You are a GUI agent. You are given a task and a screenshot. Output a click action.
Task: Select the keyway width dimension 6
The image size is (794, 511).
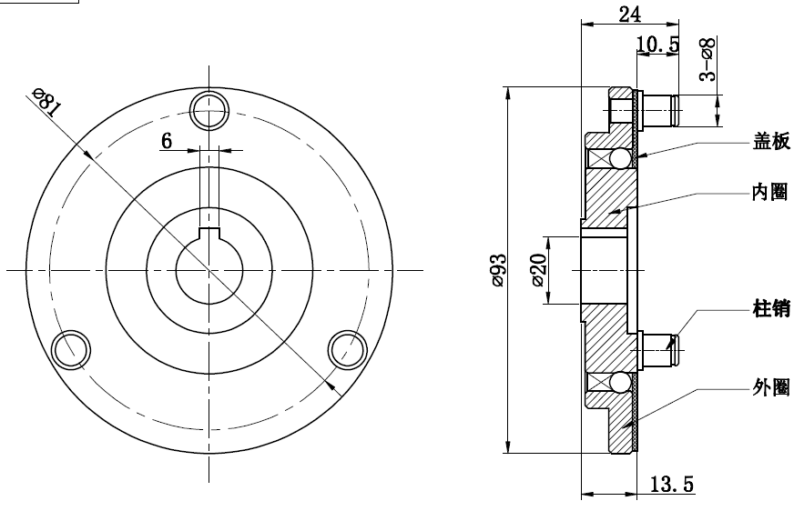coord(167,141)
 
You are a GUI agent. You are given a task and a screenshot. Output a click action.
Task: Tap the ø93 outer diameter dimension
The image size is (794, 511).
coord(499,270)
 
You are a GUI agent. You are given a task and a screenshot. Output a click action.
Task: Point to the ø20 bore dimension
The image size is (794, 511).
coord(539,270)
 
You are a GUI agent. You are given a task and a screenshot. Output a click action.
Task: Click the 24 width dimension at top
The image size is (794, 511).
coord(629,15)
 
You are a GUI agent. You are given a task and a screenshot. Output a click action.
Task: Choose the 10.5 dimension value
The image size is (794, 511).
coord(657,45)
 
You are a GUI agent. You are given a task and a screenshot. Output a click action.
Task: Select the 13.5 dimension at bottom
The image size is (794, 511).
coord(671,484)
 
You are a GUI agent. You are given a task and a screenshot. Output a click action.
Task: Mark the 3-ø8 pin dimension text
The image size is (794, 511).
coord(707,59)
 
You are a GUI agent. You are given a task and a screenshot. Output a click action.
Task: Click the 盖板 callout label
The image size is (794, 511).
coord(771,142)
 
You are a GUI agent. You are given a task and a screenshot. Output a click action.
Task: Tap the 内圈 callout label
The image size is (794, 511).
coord(769,192)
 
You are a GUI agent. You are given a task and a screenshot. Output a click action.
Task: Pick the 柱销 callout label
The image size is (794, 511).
coord(771,308)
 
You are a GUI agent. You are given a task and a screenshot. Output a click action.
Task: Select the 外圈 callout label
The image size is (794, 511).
coord(770,387)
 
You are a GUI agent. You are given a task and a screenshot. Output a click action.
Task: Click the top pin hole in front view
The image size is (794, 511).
coord(209,111)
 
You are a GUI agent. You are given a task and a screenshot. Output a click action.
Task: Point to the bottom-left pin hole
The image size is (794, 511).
coord(71,350)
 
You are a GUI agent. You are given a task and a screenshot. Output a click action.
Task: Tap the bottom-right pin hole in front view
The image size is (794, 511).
coord(348,350)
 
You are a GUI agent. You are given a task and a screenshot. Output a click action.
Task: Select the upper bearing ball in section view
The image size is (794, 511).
coord(619,159)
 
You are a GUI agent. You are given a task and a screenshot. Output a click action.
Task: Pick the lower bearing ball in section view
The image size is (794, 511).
coord(619,383)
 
